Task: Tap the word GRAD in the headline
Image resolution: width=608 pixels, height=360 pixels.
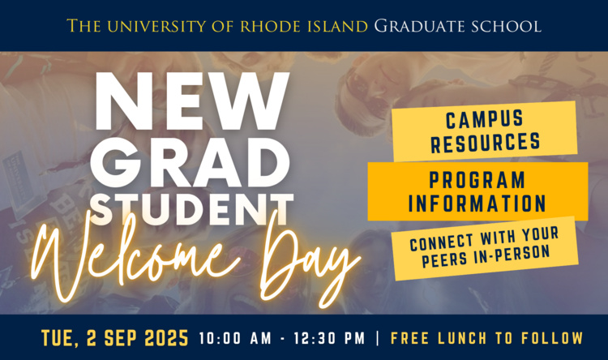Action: click(190, 162)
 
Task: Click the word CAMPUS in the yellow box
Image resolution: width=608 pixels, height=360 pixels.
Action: click(484, 119)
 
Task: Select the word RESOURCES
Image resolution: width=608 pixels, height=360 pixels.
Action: click(485, 143)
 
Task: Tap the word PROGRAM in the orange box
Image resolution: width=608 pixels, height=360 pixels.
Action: click(477, 180)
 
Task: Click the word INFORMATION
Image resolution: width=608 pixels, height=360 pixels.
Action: click(477, 204)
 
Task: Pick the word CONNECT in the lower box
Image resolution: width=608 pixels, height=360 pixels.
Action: click(442, 242)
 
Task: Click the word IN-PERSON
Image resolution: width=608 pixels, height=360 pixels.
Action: click(512, 255)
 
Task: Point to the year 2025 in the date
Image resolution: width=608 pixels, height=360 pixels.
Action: click(166, 338)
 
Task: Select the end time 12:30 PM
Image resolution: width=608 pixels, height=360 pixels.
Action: click(329, 338)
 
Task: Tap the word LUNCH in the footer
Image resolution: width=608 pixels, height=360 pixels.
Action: click(462, 338)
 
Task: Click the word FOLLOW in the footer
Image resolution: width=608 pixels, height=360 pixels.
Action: click(552, 338)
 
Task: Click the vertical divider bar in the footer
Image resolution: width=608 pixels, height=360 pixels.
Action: click(378, 338)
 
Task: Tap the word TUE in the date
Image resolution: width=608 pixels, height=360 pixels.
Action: click(58, 339)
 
